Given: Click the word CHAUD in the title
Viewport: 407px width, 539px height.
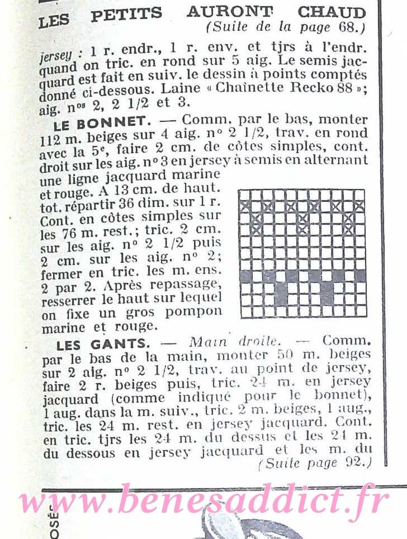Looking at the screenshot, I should [331, 12].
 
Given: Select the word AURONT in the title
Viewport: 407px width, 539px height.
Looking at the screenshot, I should [229, 11].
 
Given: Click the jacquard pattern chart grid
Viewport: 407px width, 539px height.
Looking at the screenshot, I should [302, 253].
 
